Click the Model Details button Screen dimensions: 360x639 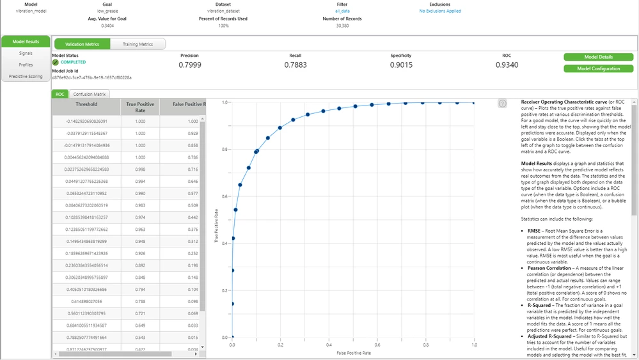click(598, 57)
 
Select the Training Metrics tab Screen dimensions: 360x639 click(138, 44)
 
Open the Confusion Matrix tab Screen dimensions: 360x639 click(90, 94)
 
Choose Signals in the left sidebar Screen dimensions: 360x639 click(26, 53)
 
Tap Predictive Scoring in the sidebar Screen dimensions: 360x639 click(26, 76)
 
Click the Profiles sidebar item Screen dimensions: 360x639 click(26, 65)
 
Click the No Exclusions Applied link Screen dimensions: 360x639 click(440, 11)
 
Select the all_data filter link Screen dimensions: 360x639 click(342, 11)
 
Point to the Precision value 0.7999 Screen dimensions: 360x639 click(189, 65)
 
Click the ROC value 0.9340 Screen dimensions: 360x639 click(507, 65)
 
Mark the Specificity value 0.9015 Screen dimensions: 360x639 click(401, 65)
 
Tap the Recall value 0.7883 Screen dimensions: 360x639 click(295, 65)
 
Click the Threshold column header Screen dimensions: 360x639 click(86, 104)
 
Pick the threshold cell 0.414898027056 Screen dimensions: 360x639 click(86, 300)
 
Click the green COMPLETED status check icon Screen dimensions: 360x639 click(56, 62)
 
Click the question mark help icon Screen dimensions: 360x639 click(503, 104)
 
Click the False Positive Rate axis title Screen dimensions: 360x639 click(354, 353)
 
